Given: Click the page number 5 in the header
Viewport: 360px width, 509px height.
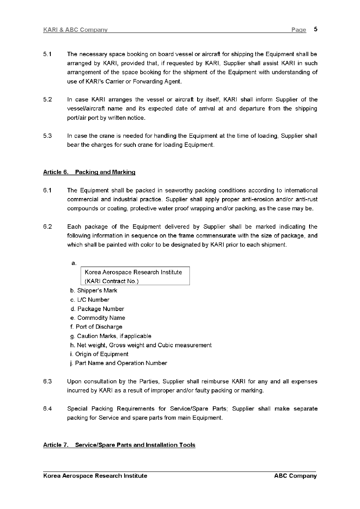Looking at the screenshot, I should click(315, 29).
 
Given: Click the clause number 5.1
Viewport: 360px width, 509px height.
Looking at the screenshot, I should click(47, 54).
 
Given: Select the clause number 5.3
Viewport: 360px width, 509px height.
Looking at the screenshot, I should click(47, 136).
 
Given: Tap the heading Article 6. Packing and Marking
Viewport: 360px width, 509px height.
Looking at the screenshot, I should click(89, 172).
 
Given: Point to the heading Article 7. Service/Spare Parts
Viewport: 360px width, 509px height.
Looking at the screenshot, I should click(119, 445).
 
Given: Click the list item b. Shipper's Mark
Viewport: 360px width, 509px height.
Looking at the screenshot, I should click(94, 291).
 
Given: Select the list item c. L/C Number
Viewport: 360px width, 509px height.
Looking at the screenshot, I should click(89, 300).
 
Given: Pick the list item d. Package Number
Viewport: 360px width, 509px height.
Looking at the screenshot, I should click(97, 309).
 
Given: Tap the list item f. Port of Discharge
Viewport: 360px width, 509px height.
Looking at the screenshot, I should click(96, 327).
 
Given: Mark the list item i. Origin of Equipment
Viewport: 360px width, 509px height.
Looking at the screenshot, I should click(99, 354).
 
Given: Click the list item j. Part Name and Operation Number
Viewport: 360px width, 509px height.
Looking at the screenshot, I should click(119, 363).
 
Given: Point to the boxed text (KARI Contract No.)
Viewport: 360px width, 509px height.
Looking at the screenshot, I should click(112, 281).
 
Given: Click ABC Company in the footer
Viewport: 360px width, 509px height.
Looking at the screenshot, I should click(295, 476).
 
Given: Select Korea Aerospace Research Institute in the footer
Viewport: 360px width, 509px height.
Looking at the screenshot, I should click(95, 476).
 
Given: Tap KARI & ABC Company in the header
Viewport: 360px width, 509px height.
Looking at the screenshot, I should click(75, 30).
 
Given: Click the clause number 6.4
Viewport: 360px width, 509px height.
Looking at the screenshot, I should click(47, 409).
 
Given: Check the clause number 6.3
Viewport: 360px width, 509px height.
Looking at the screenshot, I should click(47, 382).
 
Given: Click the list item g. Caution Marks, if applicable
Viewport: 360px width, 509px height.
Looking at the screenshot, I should click(110, 336).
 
